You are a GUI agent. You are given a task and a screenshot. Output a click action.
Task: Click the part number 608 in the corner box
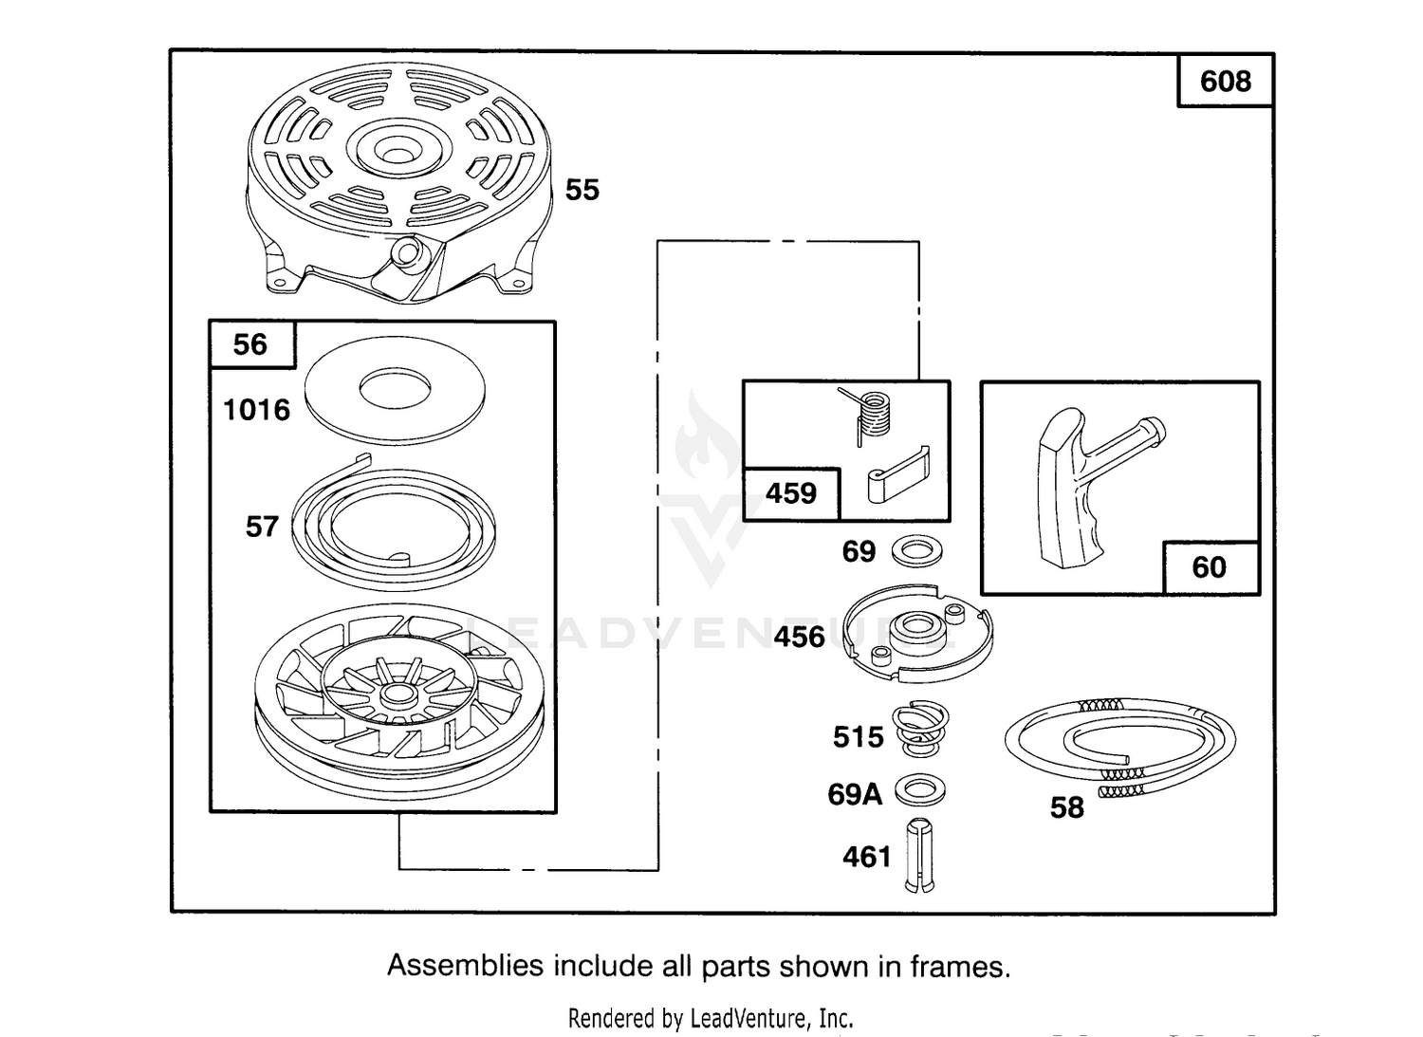[x=1225, y=82]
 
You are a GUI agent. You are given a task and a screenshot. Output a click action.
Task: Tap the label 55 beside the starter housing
[x=582, y=190]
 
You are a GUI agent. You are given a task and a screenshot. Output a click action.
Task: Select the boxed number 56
[x=250, y=344]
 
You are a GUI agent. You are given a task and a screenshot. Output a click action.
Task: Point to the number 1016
[x=257, y=410]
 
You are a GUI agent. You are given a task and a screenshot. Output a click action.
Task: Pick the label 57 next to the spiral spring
[x=263, y=527]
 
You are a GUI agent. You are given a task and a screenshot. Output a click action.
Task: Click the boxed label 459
[x=791, y=493]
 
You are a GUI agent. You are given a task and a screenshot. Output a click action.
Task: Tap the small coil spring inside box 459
[x=869, y=416]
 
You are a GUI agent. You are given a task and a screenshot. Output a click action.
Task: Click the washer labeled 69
[x=916, y=551]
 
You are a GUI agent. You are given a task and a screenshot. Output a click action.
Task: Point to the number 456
[x=799, y=637]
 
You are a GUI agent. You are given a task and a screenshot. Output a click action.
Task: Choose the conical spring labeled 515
[x=920, y=729]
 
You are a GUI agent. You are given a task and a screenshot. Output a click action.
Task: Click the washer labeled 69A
[x=920, y=789]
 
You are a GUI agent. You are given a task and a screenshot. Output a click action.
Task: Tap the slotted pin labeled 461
[x=919, y=855]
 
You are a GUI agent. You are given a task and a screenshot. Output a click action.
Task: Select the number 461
[x=867, y=857]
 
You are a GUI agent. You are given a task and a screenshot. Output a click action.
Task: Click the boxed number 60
[x=1209, y=567]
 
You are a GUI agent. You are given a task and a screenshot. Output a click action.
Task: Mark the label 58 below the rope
[x=1066, y=808]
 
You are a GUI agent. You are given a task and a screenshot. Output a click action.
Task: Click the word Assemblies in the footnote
[x=466, y=966]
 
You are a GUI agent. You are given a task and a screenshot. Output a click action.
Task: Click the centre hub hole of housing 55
[x=398, y=155]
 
